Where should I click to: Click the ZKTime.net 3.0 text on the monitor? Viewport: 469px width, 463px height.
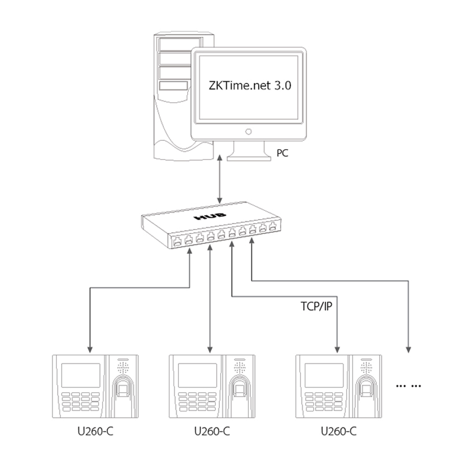click(250, 86)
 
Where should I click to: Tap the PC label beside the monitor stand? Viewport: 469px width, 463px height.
click(282, 153)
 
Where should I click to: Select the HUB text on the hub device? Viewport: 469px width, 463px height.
click(210, 215)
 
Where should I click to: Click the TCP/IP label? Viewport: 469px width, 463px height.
click(316, 306)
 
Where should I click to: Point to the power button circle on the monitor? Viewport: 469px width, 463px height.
click(248, 131)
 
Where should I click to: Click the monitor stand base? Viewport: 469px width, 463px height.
click(249, 157)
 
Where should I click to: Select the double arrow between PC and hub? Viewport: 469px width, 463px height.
click(220, 179)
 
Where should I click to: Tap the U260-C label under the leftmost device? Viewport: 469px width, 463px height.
click(96, 431)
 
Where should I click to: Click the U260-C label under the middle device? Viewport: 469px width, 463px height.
click(212, 431)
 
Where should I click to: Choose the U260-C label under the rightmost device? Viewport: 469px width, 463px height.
click(338, 431)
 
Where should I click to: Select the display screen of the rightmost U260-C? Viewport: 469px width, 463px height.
click(324, 375)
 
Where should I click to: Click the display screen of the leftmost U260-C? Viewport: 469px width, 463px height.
click(81, 375)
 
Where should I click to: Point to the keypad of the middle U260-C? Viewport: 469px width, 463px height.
click(197, 402)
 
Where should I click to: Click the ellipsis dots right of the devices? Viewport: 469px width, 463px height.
click(408, 386)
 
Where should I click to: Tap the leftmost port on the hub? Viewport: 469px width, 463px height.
click(177, 241)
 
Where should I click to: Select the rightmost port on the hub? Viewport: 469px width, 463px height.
click(273, 226)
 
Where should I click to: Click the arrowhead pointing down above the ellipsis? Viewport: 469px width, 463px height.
click(408, 350)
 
